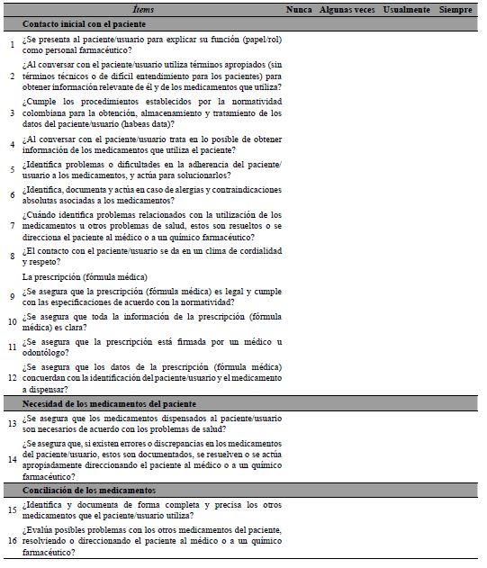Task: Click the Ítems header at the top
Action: click(x=142, y=8)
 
